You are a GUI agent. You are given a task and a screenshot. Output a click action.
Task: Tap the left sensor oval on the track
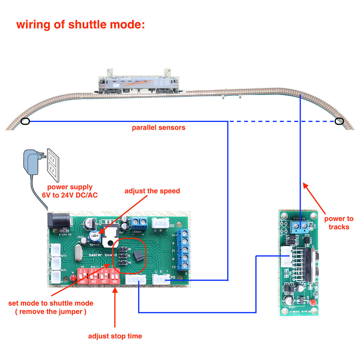point(25,122)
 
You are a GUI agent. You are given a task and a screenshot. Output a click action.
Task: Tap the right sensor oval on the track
point(339,121)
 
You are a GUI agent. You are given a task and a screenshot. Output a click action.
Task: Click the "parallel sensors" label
point(159,128)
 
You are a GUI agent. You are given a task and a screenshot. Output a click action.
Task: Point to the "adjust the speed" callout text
point(152,191)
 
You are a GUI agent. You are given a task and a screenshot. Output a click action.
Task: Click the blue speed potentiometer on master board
point(95,236)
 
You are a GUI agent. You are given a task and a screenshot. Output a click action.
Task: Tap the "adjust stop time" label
point(115,336)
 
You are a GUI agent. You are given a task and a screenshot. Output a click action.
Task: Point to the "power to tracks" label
point(339,223)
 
